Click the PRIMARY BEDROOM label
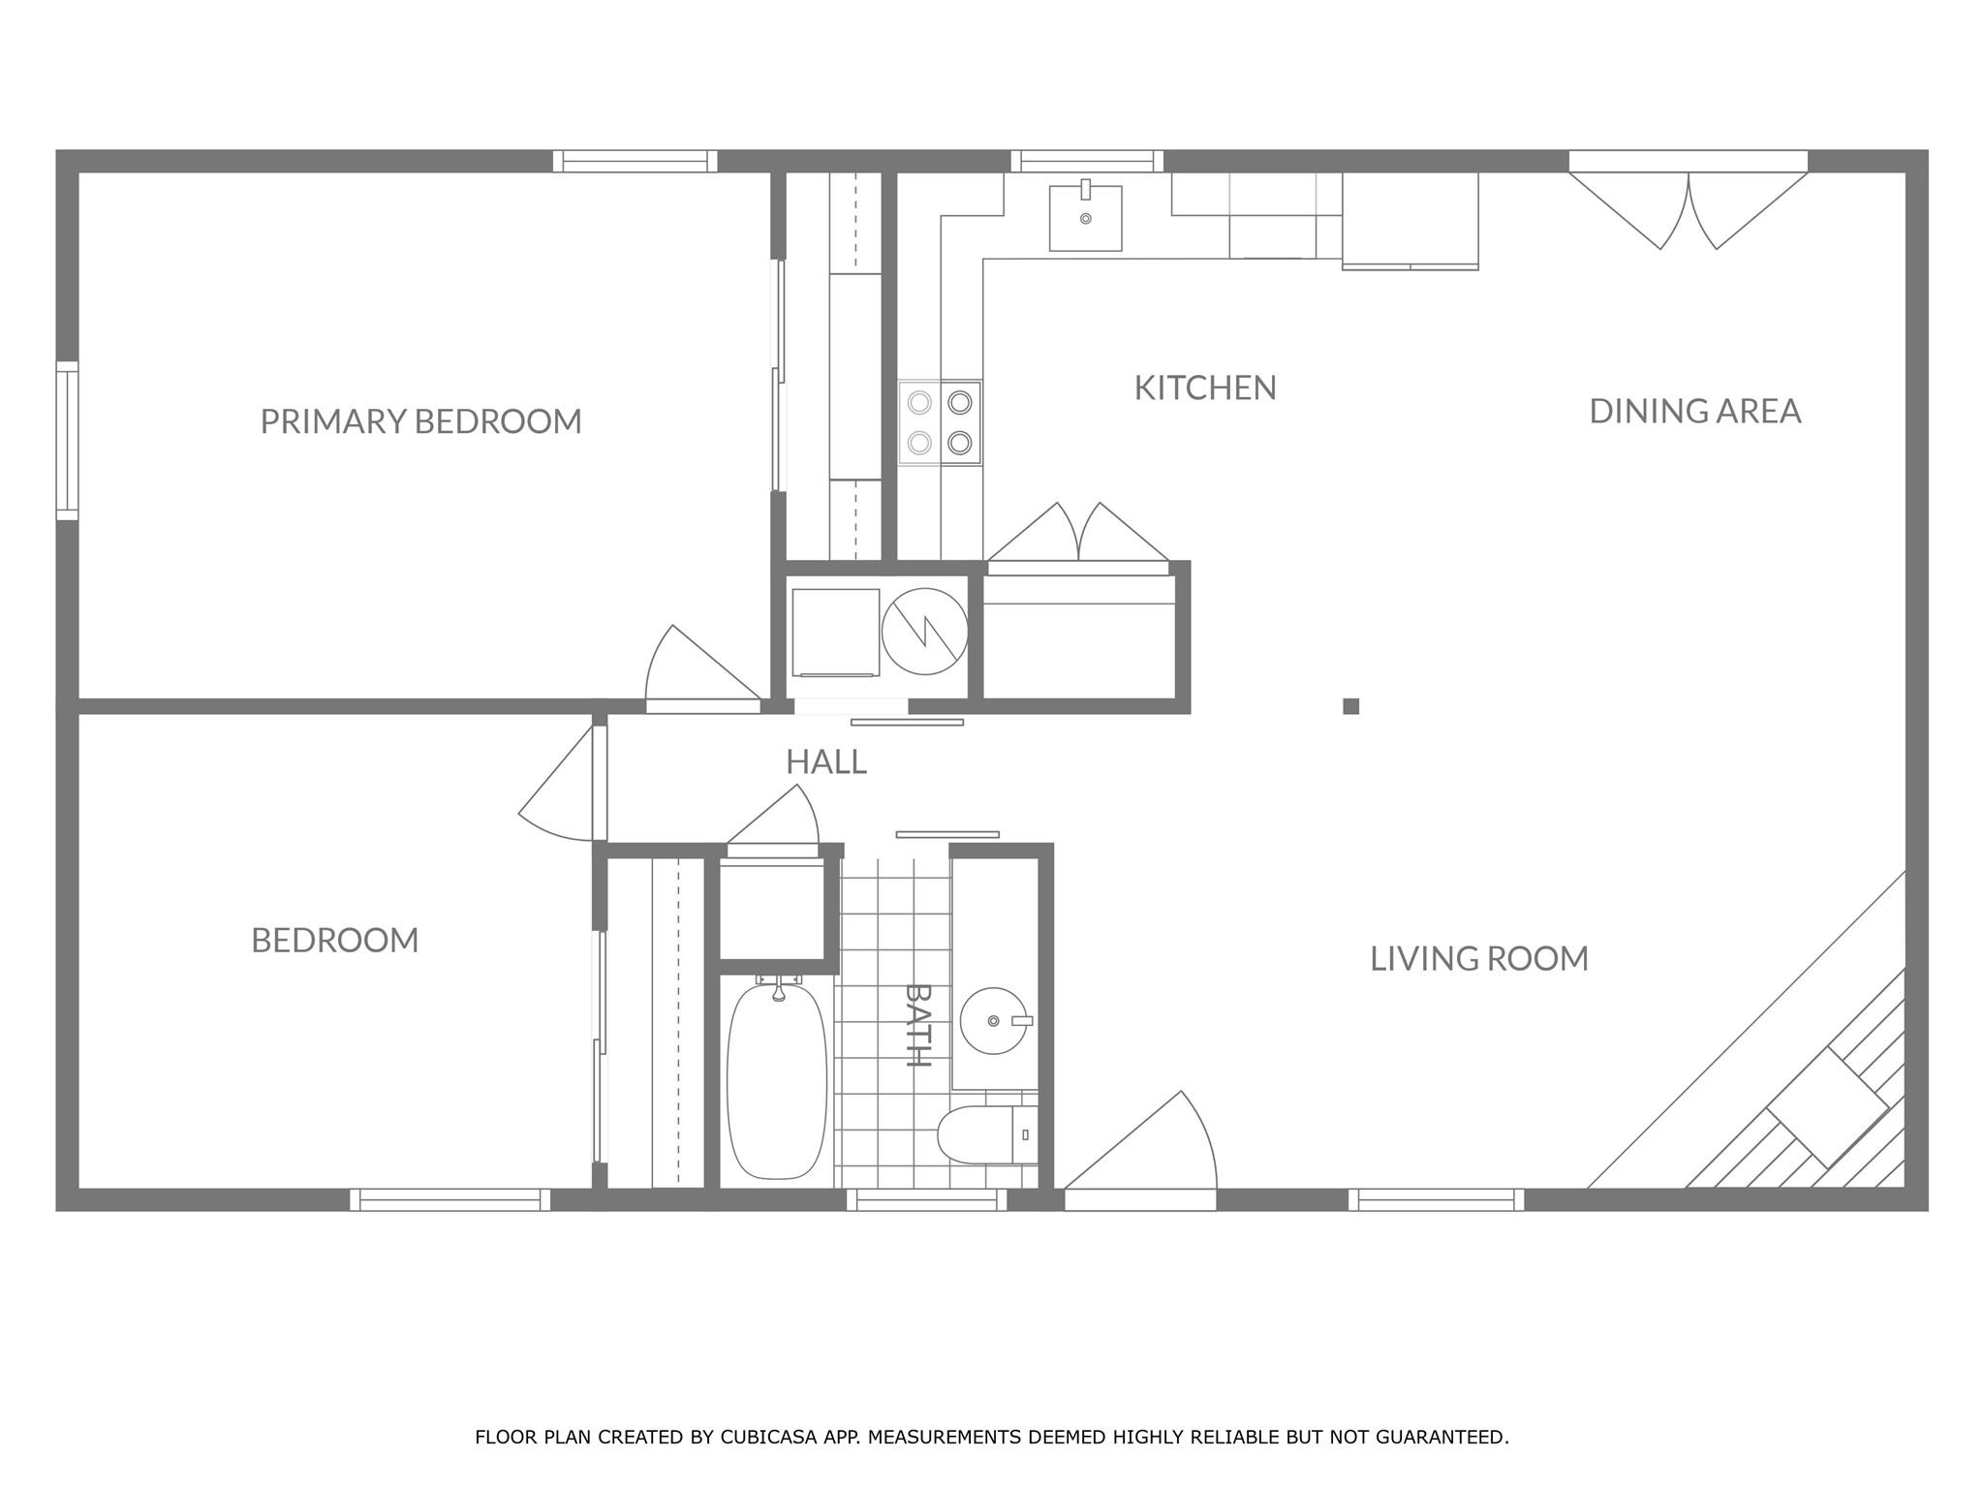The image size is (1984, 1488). [x=420, y=421]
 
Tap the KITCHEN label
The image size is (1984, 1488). [x=1205, y=387]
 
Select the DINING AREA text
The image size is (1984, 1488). [x=1694, y=411]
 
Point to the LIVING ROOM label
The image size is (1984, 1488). [x=1478, y=958]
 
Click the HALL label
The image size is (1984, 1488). [x=825, y=761]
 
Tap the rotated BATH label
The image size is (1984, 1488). [x=917, y=1025]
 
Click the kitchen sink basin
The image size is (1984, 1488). [x=1085, y=219]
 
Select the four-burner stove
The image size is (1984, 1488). [x=940, y=422]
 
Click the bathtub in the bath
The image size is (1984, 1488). [x=777, y=1080]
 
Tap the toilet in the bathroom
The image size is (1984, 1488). [x=978, y=1135]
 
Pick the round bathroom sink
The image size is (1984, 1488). [x=994, y=1020]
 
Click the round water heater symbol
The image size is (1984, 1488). [x=924, y=632]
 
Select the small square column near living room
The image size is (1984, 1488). [x=1350, y=706]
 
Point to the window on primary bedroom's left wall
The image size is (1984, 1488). [x=67, y=441]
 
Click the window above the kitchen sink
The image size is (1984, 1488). [x=1087, y=161]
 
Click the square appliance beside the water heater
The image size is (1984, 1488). [x=835, y=632]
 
